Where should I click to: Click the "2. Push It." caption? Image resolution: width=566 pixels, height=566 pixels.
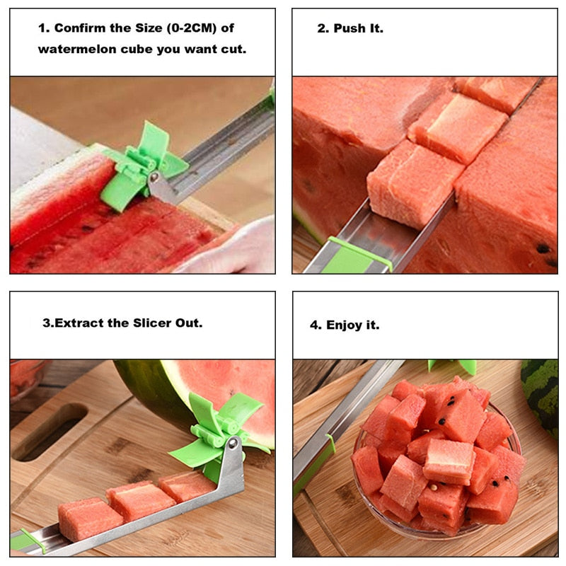pos(350,29)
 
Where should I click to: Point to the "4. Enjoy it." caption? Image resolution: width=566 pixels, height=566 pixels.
pos(345,325)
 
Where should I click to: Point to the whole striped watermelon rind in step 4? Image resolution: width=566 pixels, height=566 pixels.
pos(542,396)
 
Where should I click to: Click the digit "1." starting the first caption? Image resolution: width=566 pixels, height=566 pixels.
pos(44,28)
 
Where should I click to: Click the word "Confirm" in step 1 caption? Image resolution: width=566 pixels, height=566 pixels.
pos(79,28)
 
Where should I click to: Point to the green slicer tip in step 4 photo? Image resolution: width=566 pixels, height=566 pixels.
pos(460,366)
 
